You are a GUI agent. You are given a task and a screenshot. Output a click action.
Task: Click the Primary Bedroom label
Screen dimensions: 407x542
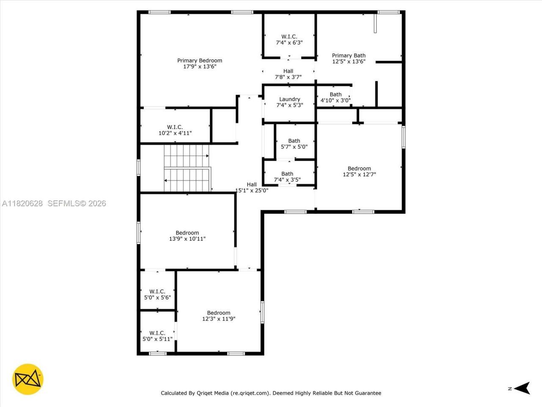click(x=199, y=61)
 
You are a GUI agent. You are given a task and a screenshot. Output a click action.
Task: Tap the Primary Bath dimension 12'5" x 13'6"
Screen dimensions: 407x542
click(x=348, y=61)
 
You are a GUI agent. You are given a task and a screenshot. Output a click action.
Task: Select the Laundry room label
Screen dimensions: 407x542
click(x=290, y=99)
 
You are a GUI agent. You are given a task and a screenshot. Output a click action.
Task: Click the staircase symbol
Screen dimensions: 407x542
click(x=187, y=168)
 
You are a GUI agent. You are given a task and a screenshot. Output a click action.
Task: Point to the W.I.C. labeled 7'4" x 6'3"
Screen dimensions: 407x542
click(x=289, y=39)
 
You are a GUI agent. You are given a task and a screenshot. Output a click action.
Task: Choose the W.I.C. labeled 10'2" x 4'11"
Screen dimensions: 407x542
click(x=175, y=130)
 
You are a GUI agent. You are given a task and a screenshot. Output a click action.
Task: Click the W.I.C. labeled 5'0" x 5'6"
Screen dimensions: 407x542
click(x=157, y=294)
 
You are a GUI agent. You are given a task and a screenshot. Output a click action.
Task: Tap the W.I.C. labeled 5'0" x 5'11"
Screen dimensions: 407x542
click(x=157, y=336)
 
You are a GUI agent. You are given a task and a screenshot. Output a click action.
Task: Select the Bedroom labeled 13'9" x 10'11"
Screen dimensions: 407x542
click(x=187, y=236)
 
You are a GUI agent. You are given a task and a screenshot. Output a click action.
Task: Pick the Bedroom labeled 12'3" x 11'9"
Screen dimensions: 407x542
click(x=218, y=316)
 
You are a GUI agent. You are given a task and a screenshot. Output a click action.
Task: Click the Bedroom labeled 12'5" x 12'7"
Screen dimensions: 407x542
click(x=359, y=171)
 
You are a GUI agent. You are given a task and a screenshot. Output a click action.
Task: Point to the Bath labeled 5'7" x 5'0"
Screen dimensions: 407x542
click(x=294, y=144)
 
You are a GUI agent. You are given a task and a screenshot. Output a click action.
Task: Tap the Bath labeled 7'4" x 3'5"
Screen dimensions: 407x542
click(x=287, y=177)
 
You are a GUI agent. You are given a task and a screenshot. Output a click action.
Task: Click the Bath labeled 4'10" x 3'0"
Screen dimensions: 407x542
click(x=335, y=98)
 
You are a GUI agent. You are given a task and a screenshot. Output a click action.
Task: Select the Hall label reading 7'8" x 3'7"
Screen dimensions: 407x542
click(x=288, y=74)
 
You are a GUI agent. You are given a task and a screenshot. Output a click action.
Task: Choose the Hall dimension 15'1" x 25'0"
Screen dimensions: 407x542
click(x=252, y=190)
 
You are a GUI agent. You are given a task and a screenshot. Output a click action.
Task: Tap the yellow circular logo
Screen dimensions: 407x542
click(x=28, y=379)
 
